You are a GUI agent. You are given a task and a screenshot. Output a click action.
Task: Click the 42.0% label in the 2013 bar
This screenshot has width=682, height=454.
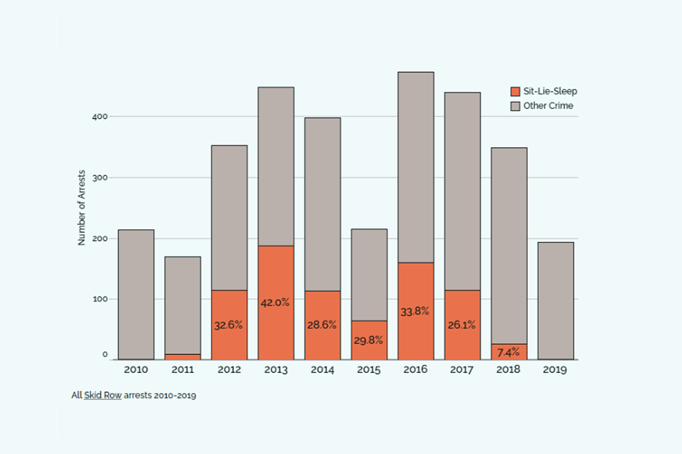pos(276,303)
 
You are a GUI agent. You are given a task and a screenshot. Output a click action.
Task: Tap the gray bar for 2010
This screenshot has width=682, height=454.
pos(136,294)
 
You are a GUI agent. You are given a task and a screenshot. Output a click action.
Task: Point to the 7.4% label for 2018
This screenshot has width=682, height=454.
pos(508,352)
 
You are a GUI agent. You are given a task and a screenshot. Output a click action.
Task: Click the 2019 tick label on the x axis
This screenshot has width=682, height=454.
pos(555,370)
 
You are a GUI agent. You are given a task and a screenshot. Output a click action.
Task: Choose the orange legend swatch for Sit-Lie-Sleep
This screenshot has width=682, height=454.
pos(515,91)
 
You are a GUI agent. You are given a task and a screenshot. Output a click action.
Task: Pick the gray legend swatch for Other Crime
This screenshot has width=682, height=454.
pos(515,106)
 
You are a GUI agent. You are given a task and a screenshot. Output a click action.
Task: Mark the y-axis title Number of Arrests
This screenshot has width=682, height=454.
pos(82,208)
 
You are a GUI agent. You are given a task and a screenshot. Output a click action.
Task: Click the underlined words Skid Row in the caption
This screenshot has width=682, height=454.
pos(103,396)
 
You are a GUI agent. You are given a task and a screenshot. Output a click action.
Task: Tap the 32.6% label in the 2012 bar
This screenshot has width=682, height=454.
pos(229,325)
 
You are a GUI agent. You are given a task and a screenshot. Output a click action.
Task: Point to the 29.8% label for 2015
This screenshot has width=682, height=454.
pos(369,340)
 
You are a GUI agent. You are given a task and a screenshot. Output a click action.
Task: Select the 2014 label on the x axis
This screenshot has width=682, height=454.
pos(323,370)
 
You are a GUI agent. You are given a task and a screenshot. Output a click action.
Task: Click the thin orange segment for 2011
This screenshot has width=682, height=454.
pos(183,357)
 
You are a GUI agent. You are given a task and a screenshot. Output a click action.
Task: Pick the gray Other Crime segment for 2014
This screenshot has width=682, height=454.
pos(323,204)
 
